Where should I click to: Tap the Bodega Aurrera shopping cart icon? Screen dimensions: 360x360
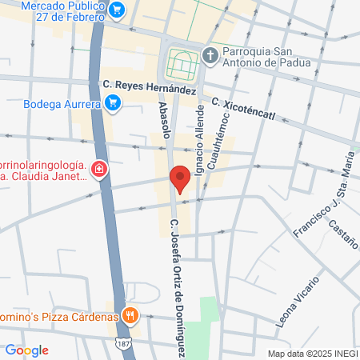pyautogui.click(x=112, y=102)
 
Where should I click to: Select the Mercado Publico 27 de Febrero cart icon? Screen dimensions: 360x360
pyautogui.click(x=118, y=10)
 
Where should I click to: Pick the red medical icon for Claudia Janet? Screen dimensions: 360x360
pyautogui.click(x=98, y=170)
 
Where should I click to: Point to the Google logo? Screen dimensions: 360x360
pyautogui.click(x=26, y=350)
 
